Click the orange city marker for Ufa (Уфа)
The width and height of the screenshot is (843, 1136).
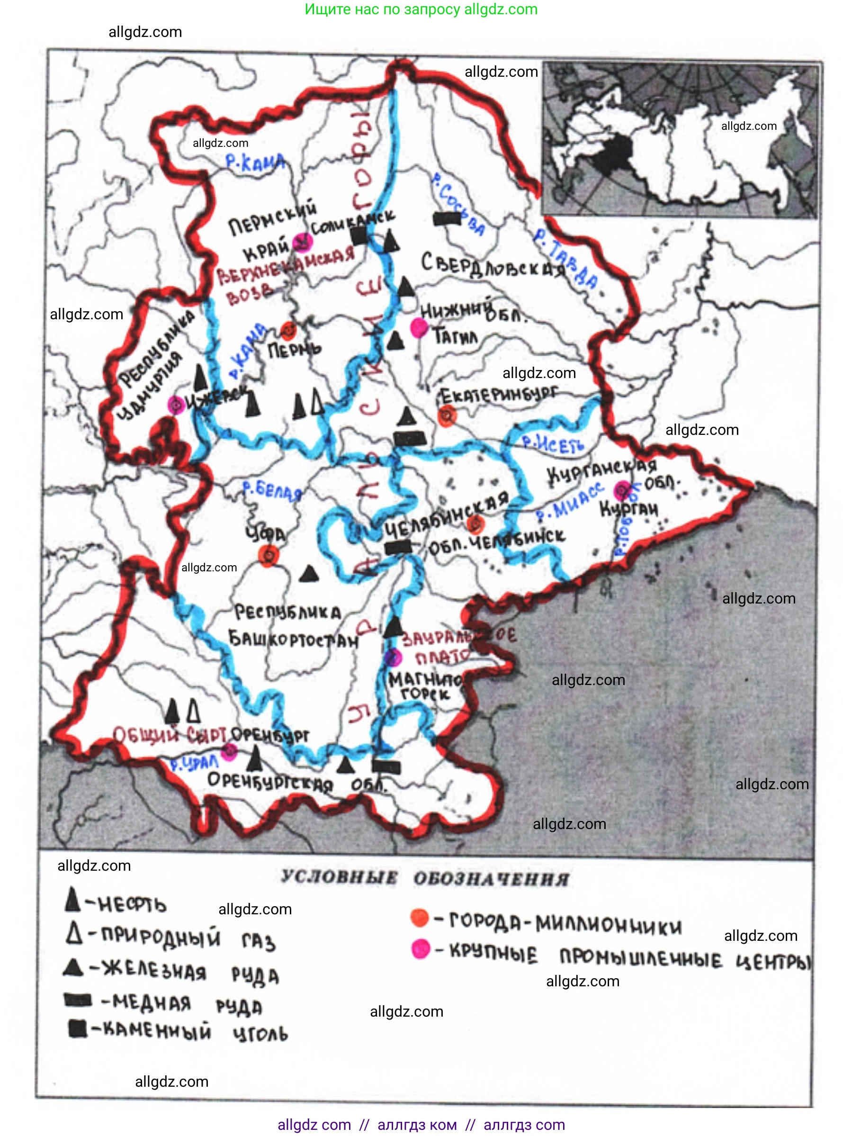pyautogui.click(x=269, y=555)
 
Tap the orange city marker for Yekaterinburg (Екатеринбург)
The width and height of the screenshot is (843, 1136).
pyautogui.click(x=448, y=416)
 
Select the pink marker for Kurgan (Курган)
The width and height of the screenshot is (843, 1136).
pyautogui.click(x=622, y=490)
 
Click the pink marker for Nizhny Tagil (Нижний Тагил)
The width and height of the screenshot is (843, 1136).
pyautogui.click(x=419, y=327)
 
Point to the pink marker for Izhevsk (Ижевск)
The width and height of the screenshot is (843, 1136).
pyautogui.click(x=176, y=405)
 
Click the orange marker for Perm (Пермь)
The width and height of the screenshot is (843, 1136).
pyautogui.click(x=288, y=331)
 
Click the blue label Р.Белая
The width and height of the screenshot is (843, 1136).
pyautogui.click(x=271, y=490)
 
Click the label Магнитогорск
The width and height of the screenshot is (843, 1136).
pyautogui.click(x=425, y=686)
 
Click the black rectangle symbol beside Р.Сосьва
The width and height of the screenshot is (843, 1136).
pyautogui.click(x=447, y=219)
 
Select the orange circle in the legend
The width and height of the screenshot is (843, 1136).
pyautogui.click(x=420, y=917)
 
